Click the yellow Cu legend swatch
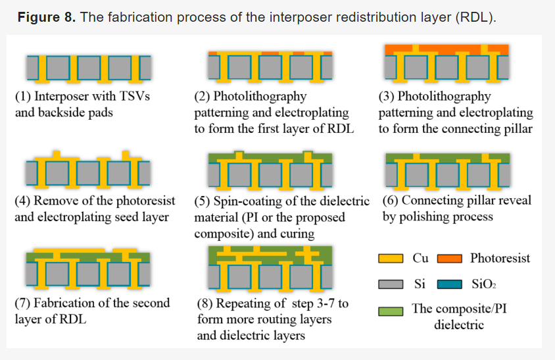click(391, 259)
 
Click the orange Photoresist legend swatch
click(450, 259)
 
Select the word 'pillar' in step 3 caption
click(514, 128)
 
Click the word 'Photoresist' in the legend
click(499, 258)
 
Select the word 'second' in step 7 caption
click(150, 303)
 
